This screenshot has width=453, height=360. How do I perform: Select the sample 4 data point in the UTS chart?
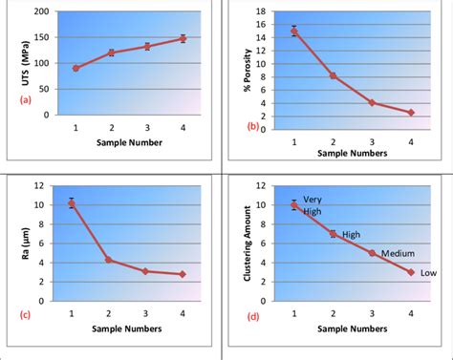(x=183, y=39)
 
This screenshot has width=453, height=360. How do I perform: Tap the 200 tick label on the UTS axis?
(x=41, y=12)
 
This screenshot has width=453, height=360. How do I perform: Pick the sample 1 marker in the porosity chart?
(x=293, y=31)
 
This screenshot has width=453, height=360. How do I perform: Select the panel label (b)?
(x=253, y=125)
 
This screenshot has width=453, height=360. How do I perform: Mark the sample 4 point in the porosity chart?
(x=411, y=113)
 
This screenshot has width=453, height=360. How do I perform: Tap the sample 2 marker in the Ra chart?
(x=109, y=260)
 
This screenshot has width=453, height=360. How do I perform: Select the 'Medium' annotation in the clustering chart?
(x=398, y=253)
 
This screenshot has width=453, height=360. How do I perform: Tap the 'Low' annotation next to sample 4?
(x=429, y=273)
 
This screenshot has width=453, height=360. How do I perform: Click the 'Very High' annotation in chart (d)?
(x=313, y=204)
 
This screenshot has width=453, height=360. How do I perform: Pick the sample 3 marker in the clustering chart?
(x=372, y=253)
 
